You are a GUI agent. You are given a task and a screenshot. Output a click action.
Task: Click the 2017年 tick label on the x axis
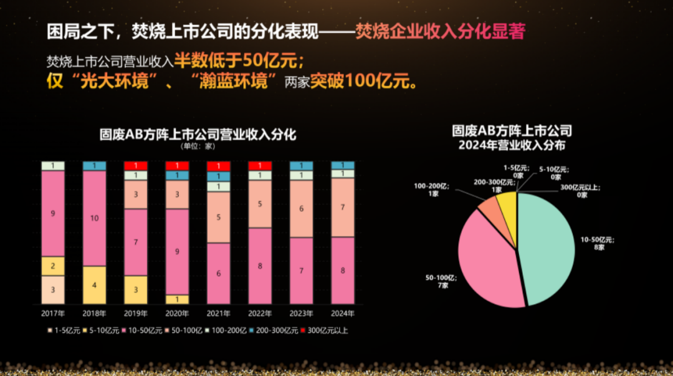[53, 313]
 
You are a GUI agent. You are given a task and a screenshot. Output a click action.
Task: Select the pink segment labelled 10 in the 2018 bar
[94, 218]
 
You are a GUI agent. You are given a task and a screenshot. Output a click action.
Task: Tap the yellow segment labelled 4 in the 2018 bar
[94, 285]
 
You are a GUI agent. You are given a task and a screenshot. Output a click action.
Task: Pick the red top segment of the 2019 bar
[135, 166]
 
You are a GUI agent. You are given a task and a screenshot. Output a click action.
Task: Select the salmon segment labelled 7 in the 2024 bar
[342, 207]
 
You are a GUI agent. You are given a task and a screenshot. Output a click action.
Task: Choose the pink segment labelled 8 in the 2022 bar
[259, 266]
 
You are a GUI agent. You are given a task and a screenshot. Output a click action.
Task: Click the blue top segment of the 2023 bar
[301, 166]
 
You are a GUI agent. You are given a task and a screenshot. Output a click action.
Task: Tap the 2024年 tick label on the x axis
[342, 313]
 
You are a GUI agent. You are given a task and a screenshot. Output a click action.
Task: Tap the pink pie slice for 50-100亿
[489, 259]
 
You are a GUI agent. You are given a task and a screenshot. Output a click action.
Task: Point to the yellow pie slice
[507, 203]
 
